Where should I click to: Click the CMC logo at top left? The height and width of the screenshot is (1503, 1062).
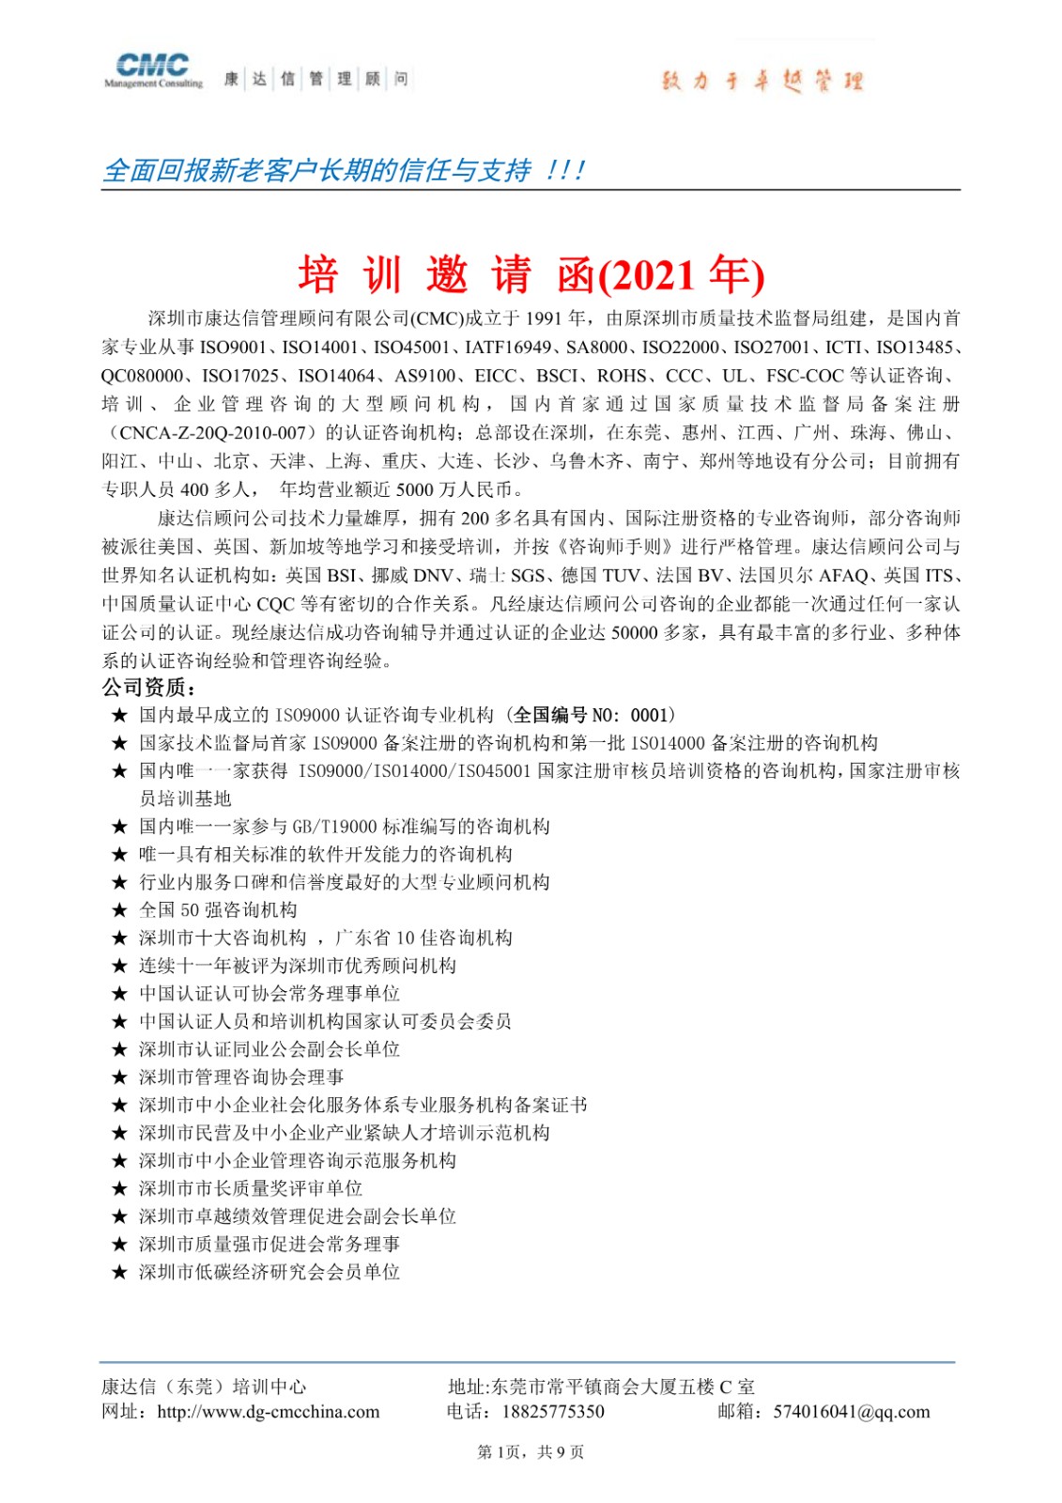pos(153,70)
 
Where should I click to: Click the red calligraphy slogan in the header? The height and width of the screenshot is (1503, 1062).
pos(762,82)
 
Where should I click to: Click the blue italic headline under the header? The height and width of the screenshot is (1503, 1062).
pos(344,171)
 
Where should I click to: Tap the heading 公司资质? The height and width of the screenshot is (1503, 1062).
pos(148,688)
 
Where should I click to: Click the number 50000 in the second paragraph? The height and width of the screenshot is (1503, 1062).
pos(634,633)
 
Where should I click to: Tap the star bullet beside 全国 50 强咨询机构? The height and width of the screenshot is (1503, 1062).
pos(119,910)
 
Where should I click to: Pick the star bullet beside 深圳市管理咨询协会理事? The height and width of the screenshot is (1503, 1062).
pos(119,1077)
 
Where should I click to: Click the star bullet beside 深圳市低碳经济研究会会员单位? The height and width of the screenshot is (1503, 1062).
pos(119,1273)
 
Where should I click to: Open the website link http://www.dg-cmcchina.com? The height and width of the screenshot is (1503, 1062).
pos(269,1412)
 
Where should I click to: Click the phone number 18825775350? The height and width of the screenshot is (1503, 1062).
pos(553,1412)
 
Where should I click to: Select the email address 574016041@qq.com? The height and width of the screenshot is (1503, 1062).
pos(852,1412)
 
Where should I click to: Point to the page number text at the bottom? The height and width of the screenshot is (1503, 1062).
pos(531,1452)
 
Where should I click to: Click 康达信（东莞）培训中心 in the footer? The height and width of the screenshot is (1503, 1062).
pos(204,1387)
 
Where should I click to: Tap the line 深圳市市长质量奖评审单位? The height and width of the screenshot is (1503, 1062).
pos(251,1189)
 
